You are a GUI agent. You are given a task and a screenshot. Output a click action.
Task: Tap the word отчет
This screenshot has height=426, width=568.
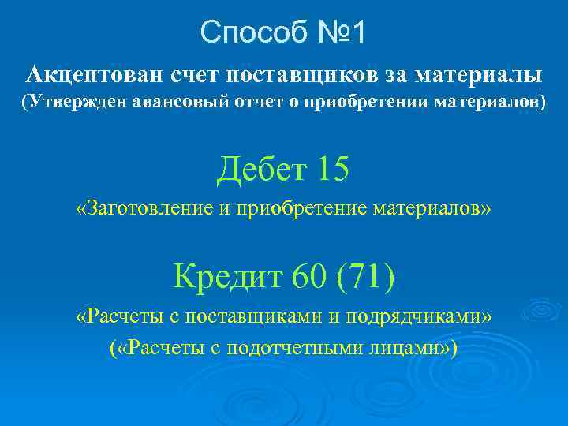click(252, 103)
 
